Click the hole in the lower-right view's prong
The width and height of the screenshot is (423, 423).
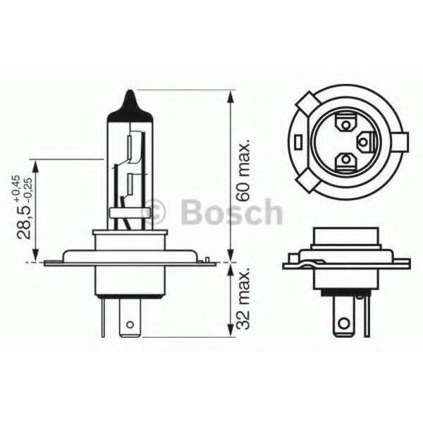[343, 326]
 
